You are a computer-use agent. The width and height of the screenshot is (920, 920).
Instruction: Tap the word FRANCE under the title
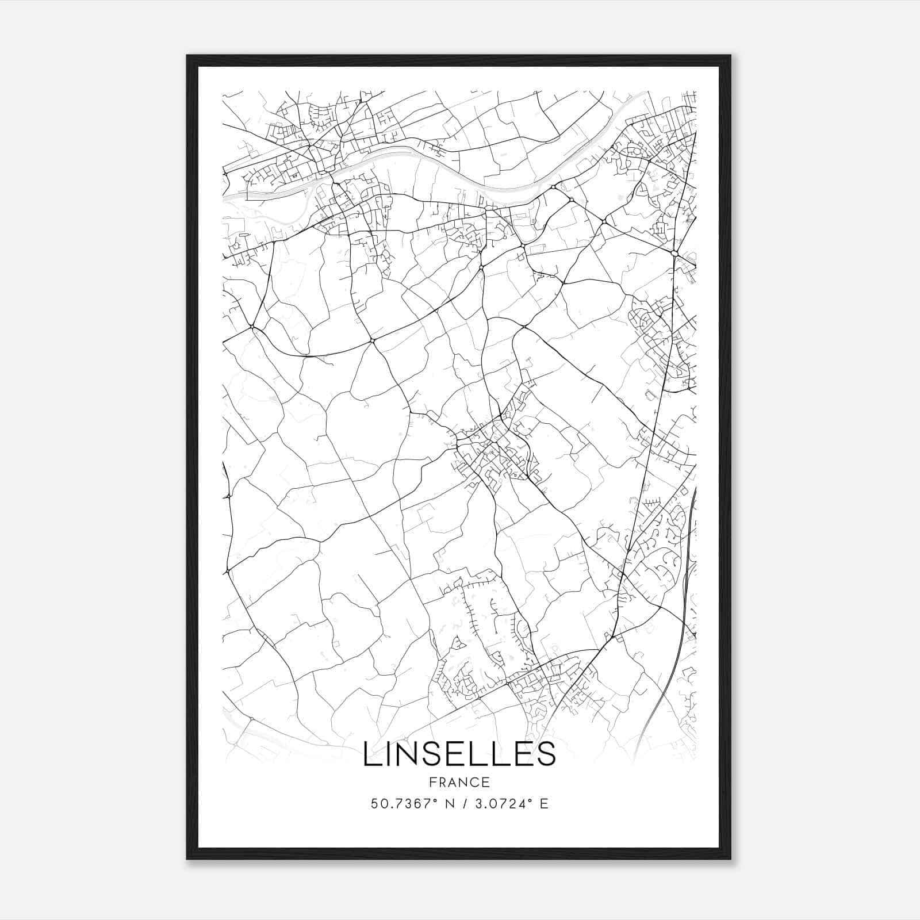pos(459,782)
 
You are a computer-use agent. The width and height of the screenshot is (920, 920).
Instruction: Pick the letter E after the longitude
pos(543,803)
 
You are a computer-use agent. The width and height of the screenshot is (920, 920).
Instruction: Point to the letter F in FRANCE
pos(432,782)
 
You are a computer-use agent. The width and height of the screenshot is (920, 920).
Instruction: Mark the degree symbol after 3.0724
pos(530,800)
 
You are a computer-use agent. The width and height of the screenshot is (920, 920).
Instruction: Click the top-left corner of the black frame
pos(188,56)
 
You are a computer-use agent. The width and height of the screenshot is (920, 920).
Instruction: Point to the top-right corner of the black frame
pos(730,56)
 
